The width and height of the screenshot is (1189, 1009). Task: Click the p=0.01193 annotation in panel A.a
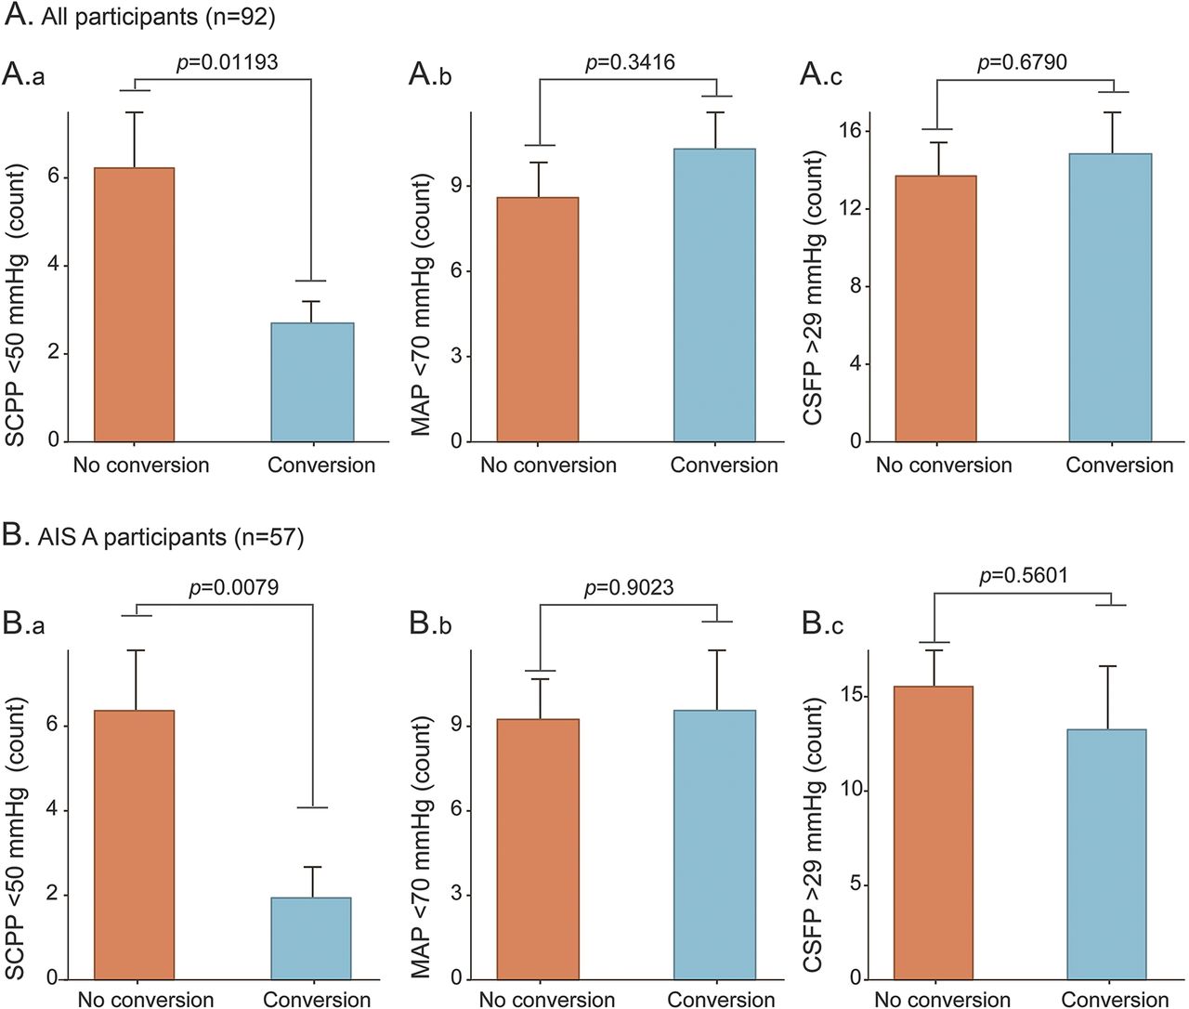click(x=227, y=63)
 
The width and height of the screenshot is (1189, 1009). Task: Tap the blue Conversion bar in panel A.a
click(x=312, y=382)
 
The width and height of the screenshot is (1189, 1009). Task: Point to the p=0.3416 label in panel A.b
click(x=630, y=63)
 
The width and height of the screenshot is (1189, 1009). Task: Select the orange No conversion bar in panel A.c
click(x=935, y=308)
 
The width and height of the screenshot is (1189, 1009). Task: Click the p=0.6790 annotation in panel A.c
click(x=1022, y=63)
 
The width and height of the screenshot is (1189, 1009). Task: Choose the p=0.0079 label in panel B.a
click(x=233, y=587)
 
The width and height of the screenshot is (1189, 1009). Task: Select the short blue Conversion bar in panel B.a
click(x=311, y=938)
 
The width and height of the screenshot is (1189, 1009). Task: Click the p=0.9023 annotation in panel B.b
click(x=629, y=587)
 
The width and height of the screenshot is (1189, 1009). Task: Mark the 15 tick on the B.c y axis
click(x=855, y=696)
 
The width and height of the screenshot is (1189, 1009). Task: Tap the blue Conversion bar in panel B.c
click(x=1105, y=854)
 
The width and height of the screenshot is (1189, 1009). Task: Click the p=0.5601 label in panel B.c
click(x=1024, y=575)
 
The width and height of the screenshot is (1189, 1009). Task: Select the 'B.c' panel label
click(x=822, y=624)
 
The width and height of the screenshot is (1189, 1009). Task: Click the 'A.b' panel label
click(x=430, y=74)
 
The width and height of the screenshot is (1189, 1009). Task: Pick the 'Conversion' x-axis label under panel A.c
click(x=1119, y=465)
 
